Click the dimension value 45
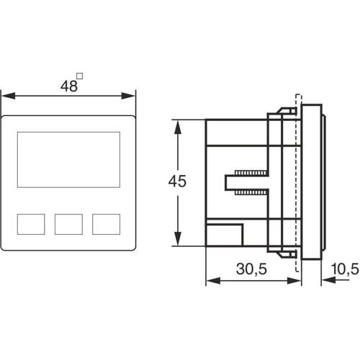[176, 181]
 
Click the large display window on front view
[68, 160]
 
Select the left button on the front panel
[30, 224]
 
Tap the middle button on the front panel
[68, 224]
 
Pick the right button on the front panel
[107, 224]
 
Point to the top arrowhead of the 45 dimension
[177, 123]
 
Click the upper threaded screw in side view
[248, 173]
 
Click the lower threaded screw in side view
[248, 192]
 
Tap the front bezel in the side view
[311, 181]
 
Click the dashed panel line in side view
[297, 181]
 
